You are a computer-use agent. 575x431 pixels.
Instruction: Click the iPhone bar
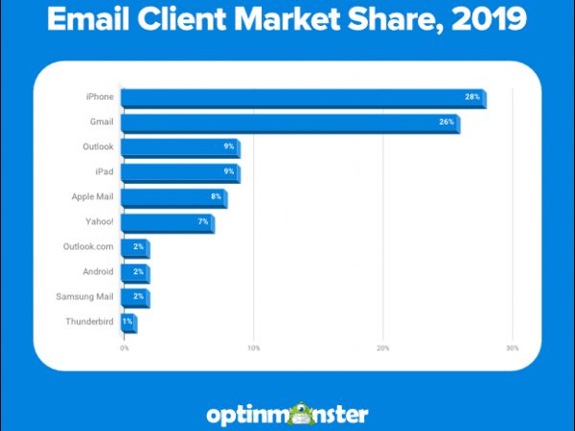pos(303,98)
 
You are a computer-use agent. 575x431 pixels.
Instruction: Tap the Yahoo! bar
pos(167,223)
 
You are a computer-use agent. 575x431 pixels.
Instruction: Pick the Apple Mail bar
pos(172,197)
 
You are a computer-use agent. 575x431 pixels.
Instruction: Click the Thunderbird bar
pos(128,323)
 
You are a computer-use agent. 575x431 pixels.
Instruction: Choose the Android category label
pos(98,273)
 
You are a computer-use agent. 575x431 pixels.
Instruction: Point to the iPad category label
pos(104,172)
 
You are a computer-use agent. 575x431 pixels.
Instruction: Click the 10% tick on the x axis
pos(253,348)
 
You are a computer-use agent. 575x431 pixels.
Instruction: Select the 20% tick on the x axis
pos(382,348)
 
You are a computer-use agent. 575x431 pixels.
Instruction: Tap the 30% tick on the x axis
pos(512,348)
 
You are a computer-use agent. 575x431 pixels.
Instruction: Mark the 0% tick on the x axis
pos(124,348)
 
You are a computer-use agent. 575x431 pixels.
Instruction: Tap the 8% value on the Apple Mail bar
pos(217,197)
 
